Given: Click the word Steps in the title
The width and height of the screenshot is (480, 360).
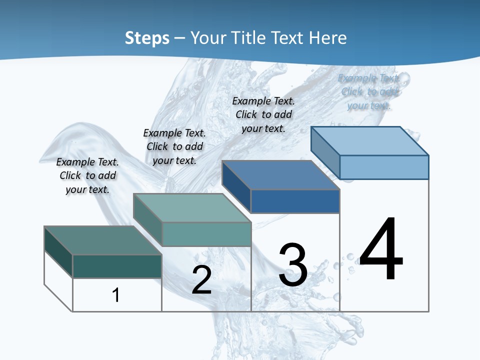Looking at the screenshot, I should [x=147, y=38].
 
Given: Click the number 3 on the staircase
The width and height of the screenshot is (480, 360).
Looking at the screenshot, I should [x=293, y=265].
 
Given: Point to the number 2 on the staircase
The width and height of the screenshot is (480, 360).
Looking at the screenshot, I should [x=201, y=279].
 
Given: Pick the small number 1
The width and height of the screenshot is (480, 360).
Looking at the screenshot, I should [x=116, y=295].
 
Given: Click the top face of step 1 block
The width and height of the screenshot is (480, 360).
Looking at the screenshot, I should [x=102, y=240].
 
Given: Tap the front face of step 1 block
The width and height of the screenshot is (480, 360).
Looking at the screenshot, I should [x=117, y=266].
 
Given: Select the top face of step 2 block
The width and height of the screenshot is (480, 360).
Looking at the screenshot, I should [x=192, y=208].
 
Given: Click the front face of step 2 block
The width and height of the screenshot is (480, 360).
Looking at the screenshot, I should [x=206, y=234].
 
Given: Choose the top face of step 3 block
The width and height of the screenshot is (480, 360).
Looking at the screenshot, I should [x=280, y=175].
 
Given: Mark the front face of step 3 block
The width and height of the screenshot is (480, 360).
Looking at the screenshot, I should [x=295, y=201].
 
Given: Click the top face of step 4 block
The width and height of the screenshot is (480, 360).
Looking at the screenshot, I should [x=369, y=141].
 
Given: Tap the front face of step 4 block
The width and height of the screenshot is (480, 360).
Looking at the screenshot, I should [x=384, y=167].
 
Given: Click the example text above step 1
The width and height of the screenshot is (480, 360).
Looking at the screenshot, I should [x=87, y=175].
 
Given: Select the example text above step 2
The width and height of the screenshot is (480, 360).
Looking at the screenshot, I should [x=174, y=146].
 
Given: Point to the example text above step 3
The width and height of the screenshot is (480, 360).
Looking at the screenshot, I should [x=263, y=114].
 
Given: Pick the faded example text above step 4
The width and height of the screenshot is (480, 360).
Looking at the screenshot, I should [x=369, y=91].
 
